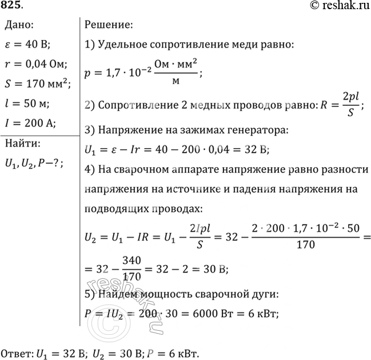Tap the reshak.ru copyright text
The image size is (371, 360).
338,6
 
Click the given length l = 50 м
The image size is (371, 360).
27,104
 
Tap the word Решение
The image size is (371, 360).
108,25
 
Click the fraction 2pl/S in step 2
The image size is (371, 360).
350,105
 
